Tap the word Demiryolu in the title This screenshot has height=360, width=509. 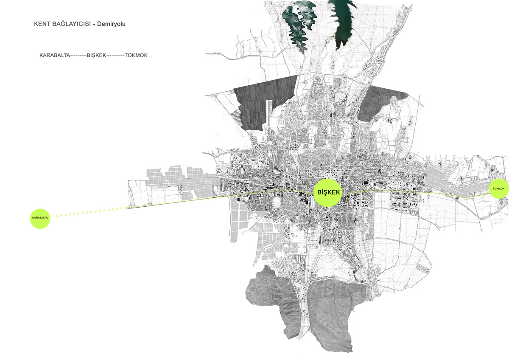point(111,24)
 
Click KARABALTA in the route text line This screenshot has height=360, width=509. point(54,56)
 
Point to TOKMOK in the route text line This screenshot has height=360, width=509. point(136,56)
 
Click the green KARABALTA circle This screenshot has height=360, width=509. point(40,218)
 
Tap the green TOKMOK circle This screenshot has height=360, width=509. point(498,188)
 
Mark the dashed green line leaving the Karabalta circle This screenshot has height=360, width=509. point(89,212)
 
